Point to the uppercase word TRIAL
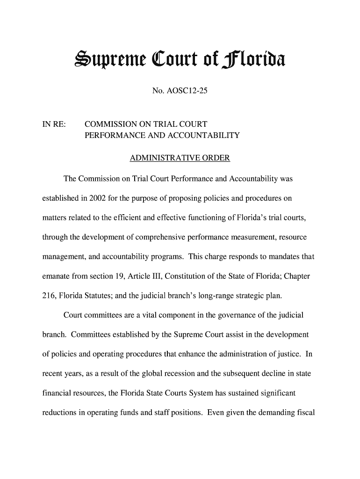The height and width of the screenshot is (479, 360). (x=165, y=125)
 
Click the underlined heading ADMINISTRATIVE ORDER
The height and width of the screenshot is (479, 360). (x=180, y=158)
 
